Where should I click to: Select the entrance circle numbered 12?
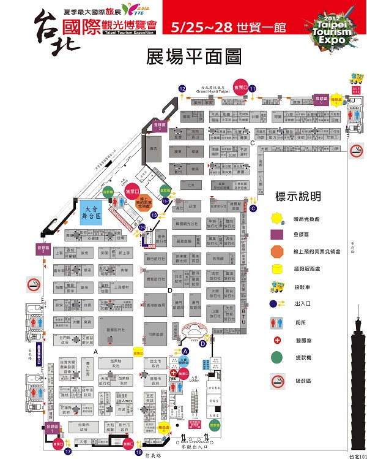click(182, 88)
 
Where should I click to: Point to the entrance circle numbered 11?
click(252, 88)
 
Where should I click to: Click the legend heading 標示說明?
click(298, 197)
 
